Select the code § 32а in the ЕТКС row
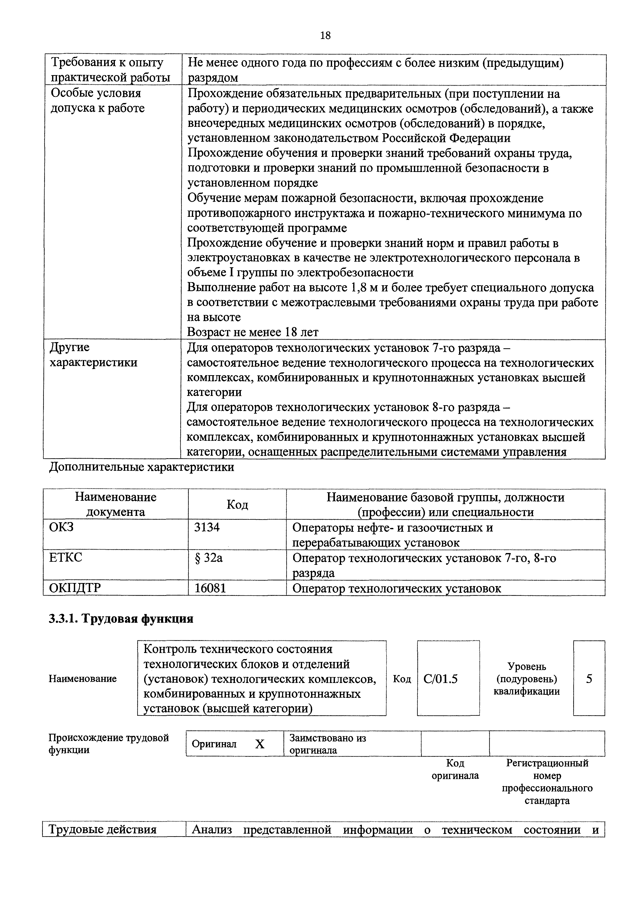[x=208, y=558]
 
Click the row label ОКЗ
[x=61, y=527]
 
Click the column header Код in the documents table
[x=237, y=505]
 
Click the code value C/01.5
[x=441, y=679]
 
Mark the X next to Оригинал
[x=260, y=744]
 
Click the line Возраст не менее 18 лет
[x=253, y=332]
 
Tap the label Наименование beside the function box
[x=83, y=679]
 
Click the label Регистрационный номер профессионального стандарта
[x=547, y=782]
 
